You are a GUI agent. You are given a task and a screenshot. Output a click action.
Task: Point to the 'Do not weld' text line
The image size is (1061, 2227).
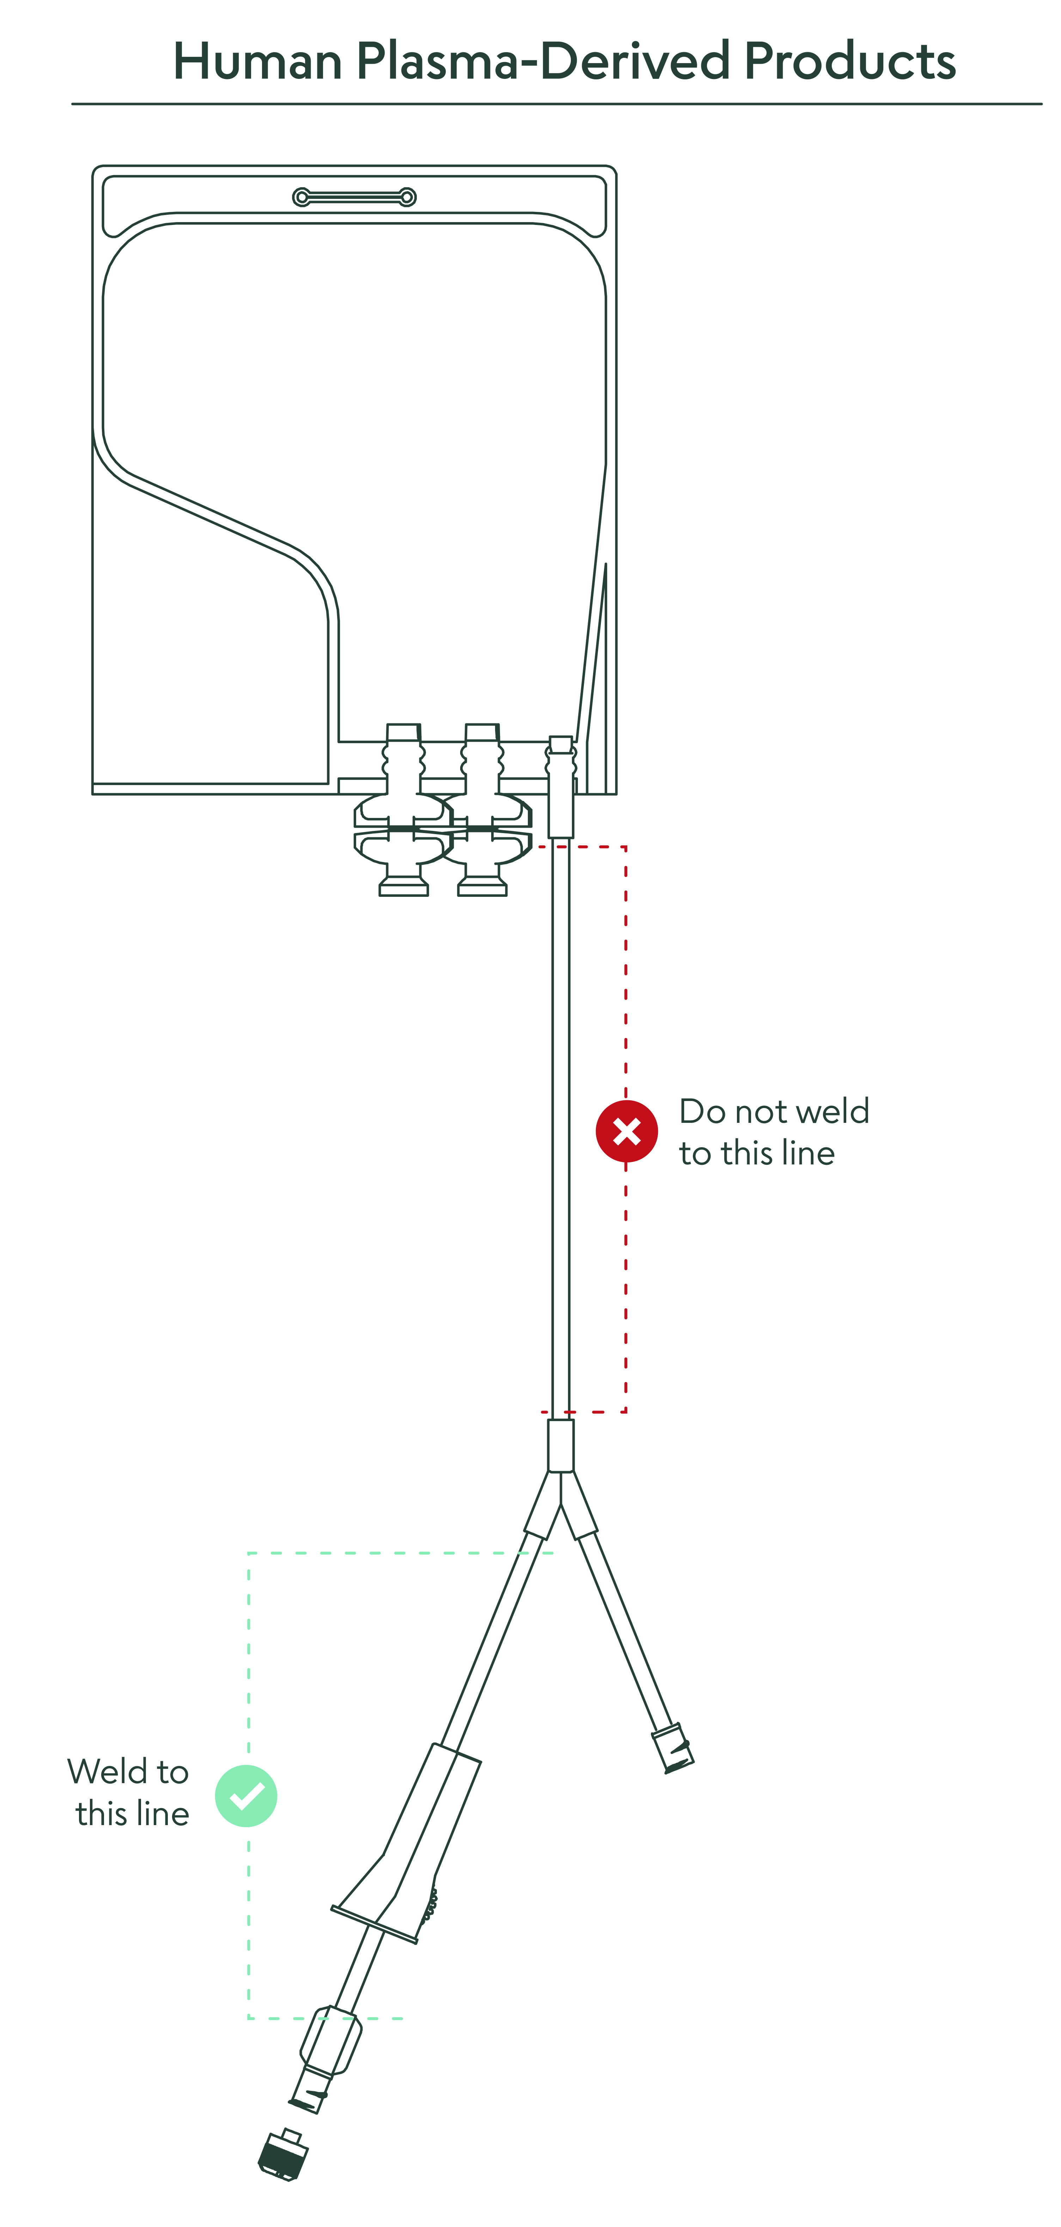tap(774, 1111)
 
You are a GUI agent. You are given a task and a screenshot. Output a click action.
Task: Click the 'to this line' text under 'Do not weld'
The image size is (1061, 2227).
tap(757, 1152)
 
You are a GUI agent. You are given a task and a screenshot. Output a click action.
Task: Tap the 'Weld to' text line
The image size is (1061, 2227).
tap(128, 1772)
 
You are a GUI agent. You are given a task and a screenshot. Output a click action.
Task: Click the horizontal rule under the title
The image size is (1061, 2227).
tap(557, 104)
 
